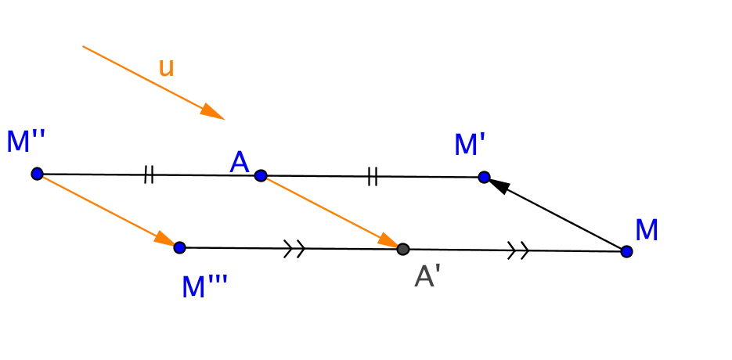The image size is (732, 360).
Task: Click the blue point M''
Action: (37, 173)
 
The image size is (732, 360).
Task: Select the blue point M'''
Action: (179, 247)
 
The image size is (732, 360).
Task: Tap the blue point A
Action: (261, 175)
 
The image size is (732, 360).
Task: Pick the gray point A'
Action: (402, 249)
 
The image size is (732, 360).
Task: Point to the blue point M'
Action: (484, 177)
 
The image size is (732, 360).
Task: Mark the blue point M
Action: (626, 251)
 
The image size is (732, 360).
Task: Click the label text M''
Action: (26, 142)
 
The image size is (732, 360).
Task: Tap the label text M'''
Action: (204, 287)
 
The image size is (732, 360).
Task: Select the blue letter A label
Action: (240, 163)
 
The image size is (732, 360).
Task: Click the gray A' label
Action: (427, 276)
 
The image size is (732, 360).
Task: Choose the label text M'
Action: (470, 145)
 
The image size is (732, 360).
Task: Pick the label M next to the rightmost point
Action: (647, 231)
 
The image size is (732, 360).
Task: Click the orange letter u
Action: (166, 68)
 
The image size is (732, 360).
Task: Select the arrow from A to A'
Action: (329, 211)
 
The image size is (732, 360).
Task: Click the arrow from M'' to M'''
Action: (106, 209)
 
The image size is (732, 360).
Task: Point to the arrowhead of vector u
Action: (213, 113)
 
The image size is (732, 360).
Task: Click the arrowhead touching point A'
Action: (389, 241)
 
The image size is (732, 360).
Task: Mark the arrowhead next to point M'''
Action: (165, 239)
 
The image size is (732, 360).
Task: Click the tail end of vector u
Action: (84, 46)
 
